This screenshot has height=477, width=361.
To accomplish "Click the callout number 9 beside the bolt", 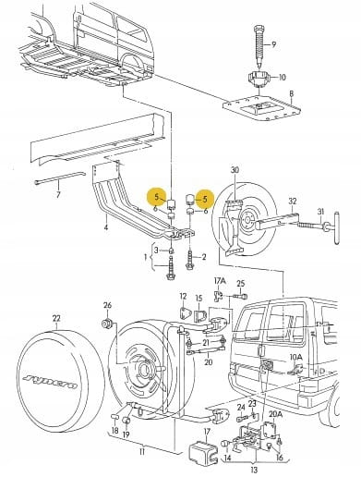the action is pos(273,44).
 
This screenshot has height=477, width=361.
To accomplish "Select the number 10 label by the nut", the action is pos(282,77).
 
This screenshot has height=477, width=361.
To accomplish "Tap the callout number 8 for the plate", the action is pos(292,93).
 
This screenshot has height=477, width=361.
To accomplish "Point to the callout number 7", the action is pos(58,194).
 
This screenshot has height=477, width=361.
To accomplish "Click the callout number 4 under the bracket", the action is pos(105,227).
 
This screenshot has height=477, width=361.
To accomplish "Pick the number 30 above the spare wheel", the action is pos(235,170).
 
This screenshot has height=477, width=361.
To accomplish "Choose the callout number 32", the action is pos(293,202).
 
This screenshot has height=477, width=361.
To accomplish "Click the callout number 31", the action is pos(321,212).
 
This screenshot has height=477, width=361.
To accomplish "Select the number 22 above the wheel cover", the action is pos(56,318).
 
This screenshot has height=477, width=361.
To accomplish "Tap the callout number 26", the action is pos(107,305).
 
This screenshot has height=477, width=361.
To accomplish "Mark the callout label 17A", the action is pos(220,281).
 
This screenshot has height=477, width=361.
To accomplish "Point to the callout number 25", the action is pos(241,283).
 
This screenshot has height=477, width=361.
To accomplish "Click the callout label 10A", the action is pos(295,357).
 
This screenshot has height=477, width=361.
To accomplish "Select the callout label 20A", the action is pos(275,414).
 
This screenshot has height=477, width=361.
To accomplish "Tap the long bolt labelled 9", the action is pos(259,46).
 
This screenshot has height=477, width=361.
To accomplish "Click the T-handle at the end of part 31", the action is pos(337,227).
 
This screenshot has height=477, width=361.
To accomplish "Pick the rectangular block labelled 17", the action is pos(203,452).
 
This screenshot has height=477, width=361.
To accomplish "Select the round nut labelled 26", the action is pos(107,324).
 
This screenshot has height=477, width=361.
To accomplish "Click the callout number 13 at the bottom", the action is pos(254,470).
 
